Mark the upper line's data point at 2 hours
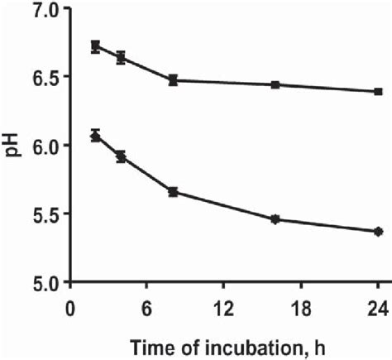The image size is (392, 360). click(x=96, y=46)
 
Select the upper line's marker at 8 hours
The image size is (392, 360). click(x=173, y=80)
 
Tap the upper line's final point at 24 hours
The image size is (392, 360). click(x=378, y=91)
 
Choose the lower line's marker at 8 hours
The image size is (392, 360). click(x=173, y=192)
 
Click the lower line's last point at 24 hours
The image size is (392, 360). click(x=378, y=232)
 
